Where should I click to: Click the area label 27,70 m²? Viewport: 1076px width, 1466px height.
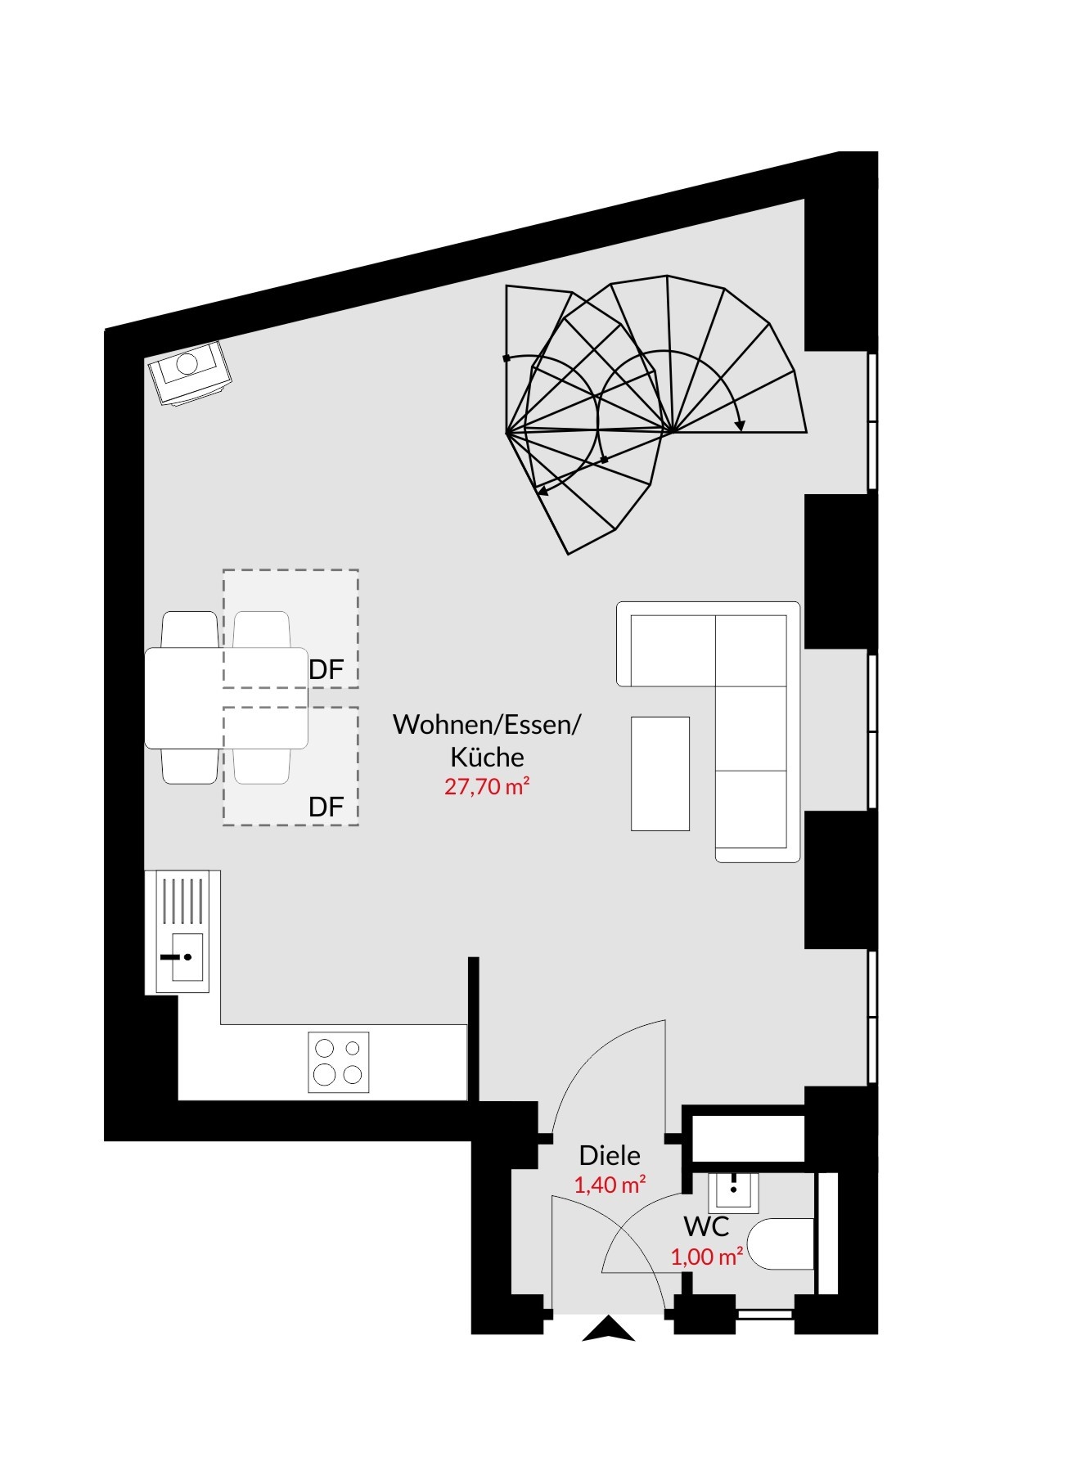pos(487,787)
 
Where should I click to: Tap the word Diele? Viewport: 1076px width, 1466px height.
pos(610,1156)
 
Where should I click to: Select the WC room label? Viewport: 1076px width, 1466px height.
pos(706,1227)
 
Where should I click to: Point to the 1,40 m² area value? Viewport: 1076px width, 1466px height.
pos(610,1185)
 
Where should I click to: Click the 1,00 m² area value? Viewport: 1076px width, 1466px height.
pos(707,1257)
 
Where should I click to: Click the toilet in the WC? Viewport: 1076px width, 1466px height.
pos(781,1244)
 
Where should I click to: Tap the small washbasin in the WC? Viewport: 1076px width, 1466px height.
pos(733,1192)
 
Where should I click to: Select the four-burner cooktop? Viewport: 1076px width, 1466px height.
pos(339,1063)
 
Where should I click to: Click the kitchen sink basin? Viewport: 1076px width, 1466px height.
pos(182,957)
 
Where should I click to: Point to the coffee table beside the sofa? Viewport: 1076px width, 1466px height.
pos(660,774)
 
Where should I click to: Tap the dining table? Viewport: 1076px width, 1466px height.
pos(227,698)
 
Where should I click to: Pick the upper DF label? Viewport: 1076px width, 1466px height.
pos(326,670)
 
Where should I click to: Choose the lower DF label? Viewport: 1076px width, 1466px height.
pos(326,807)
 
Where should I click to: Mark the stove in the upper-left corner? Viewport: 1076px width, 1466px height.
pos(190,373)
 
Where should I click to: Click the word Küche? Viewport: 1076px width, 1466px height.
pos(488,757)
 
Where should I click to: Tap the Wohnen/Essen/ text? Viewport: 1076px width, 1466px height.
pos(487,725)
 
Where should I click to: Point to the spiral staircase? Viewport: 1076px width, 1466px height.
pos(655,413)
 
